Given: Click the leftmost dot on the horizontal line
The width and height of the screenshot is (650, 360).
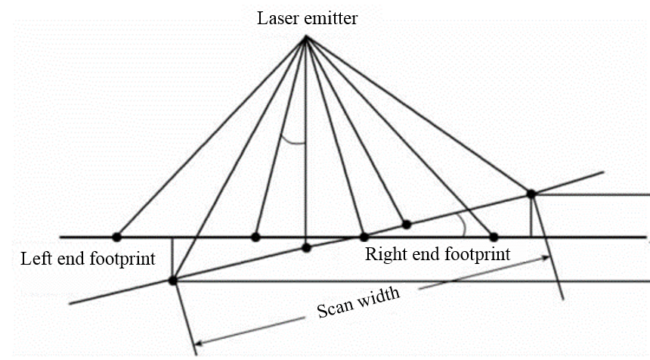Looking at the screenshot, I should point(116,237).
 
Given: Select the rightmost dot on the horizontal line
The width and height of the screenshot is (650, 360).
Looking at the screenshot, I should point(494,237).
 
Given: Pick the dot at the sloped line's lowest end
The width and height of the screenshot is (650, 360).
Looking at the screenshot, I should point(173,281).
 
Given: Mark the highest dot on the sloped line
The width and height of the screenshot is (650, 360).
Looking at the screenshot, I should point(531,194).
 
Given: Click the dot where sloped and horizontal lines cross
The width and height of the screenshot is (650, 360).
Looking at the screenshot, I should point(364,237).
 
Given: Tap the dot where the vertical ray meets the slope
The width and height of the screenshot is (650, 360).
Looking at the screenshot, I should point(306,247).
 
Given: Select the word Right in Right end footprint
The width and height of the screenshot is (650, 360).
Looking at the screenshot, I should point(385,254).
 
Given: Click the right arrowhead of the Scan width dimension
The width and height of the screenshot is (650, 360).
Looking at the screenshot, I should point(546,259).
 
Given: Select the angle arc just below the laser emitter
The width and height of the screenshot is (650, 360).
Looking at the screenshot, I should point(292,141).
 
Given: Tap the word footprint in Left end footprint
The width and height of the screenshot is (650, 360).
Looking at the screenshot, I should point(119,259).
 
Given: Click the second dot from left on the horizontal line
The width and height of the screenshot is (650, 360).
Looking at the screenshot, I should point(256,237).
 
